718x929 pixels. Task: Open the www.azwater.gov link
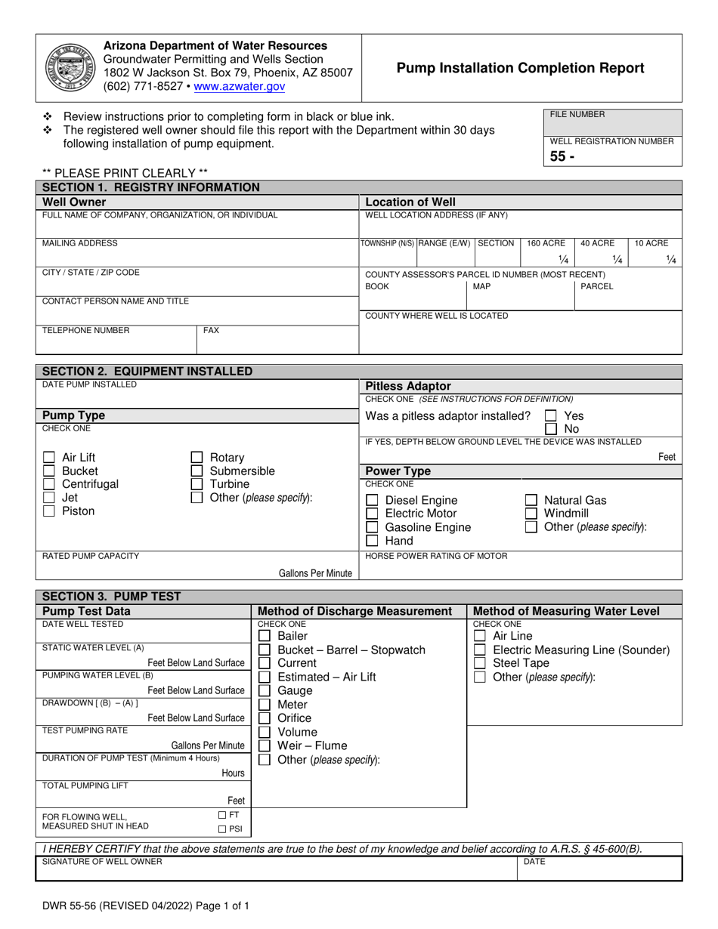(240, 87)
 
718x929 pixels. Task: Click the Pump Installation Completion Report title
(521, 68)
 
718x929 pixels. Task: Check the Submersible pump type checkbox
(197, 471)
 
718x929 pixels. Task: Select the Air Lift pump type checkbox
(49, 458)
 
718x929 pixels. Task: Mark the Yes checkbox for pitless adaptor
(551, 416)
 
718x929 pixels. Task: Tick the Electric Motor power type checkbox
(372, 514)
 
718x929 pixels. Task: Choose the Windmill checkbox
(531, 514)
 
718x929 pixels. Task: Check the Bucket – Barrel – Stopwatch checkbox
(265, 650)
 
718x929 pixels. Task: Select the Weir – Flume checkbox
(265, 746)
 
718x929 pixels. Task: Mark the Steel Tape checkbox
(479, 663)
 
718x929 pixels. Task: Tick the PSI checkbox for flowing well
(222, 829)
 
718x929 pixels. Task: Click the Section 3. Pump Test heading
(112, 597)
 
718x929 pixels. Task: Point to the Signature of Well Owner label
(102, 862)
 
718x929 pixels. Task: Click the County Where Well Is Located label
(436, 316)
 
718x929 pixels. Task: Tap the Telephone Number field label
(85, 330)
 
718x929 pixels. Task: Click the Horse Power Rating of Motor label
(436, 557)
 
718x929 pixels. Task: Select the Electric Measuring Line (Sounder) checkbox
(479, 650)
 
